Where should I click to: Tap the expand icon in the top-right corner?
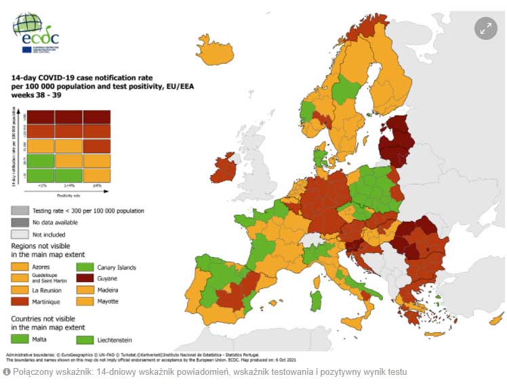click(x=485, y=28)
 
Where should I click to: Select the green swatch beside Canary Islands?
click(x=85, y=267)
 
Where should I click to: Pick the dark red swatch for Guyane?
click(x=85, y=278)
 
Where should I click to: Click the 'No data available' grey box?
click(x=21, y=222)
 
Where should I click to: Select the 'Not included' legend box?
click(x=21, y=233)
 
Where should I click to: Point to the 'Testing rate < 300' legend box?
click(x=21, y=211)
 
